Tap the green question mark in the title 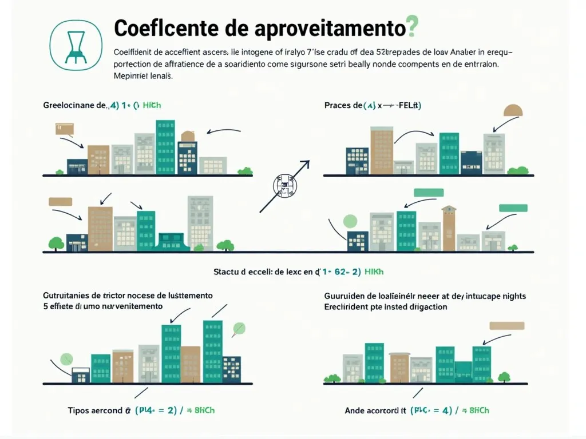click(411, 27)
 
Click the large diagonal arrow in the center click(285, 186)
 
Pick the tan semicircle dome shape click(513, 111)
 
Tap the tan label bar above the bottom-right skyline click(506, 326)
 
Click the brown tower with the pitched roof click(449, 228)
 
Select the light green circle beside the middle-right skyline click(349, 221)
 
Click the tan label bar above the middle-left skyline click(60, 201)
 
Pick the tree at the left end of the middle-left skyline click(56, 243)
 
